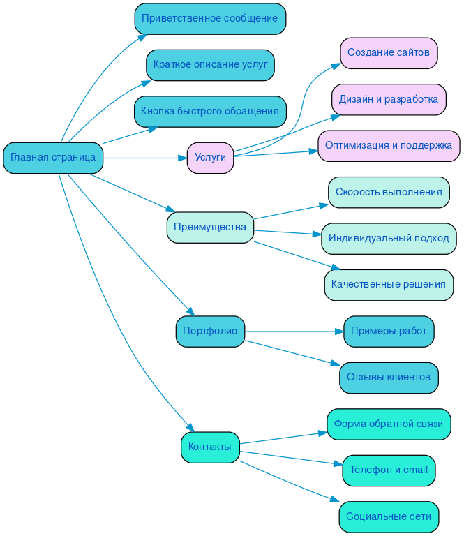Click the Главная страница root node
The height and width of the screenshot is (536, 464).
pos(53,158)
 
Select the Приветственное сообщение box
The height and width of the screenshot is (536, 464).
pos(210,18)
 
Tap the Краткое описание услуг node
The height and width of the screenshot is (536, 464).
pos(210,65)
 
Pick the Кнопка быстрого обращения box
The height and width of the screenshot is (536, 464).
pos(210,111)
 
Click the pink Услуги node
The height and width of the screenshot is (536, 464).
pos(210,158)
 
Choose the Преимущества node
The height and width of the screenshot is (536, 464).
pos(210,228)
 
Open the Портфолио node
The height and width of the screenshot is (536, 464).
pos(210,331)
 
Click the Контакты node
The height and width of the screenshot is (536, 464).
pos(210,447)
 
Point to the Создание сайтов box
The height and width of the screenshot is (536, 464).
pos(389,53)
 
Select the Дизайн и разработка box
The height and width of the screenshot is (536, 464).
pos(389,100)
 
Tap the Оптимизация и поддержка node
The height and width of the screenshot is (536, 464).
pos(389,146)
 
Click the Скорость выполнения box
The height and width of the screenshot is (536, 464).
pos(389,192)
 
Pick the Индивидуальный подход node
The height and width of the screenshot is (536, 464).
pos(389,239)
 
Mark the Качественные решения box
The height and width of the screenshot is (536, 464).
pos(389,285)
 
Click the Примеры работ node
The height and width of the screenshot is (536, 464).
pos(389,331)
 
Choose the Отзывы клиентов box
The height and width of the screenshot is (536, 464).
pos(389,378)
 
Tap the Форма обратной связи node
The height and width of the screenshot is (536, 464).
pos(389,424)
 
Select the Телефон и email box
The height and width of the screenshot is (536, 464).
pos(389,470)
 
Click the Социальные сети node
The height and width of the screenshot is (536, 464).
pos(389,517)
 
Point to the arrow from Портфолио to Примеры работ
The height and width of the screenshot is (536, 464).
pos(293,331)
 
